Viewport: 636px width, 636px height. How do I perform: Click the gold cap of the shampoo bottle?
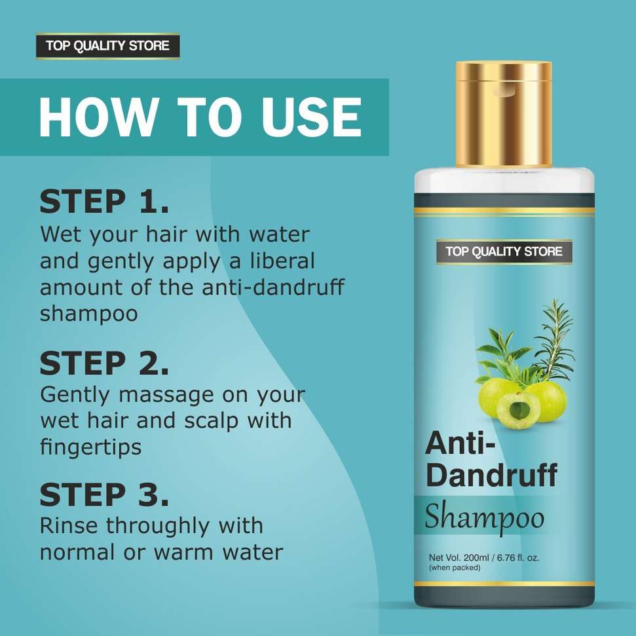coord(504,115)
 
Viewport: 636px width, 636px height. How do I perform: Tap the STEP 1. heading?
coord(104,202)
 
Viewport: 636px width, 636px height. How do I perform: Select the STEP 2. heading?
coord(104,363)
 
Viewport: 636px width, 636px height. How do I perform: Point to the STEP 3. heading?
coord(104,495)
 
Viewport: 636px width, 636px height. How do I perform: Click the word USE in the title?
coord(310,117)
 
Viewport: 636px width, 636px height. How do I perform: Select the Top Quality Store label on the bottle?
coord(504,252)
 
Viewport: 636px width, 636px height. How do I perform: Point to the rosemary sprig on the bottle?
coord(555,340)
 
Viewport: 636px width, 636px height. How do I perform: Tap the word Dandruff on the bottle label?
coord(492,476)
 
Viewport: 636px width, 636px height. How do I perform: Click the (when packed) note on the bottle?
coord(455,568)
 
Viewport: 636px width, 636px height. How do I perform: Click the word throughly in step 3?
coord(159,527)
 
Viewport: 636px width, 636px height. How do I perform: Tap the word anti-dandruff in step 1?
coord(273,287)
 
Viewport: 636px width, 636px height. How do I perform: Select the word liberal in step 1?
coord(282,261)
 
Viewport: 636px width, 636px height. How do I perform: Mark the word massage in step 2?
coord(166,396)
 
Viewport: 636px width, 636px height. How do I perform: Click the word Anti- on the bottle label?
coord(460,443)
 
